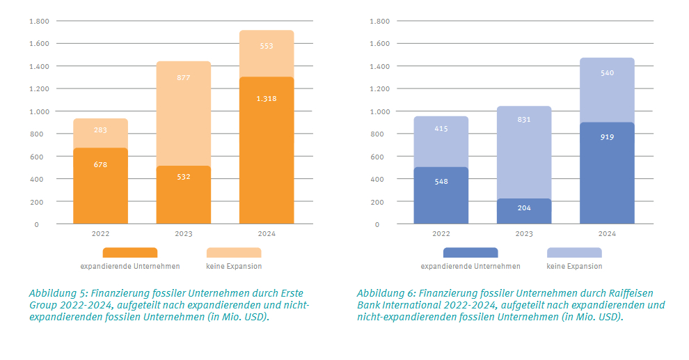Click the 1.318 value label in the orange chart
pyautogui.click(x=266, y=99)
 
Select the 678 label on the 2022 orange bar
pyautogui.click(x=100, y=164)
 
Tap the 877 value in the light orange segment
pyautogui.click(x=183, y=77)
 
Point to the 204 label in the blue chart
pyautogui.click(x=524, y=208)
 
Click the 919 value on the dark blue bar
pyautogui.click(x=607, y=137)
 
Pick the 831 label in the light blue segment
pyautogui.click(x=524, y=119)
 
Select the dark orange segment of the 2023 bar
pyautogui.click(x=183, y=198)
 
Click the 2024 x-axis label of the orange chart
pyautogui.click(x=266, y=234)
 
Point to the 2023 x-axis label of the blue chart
pyautogui.click(x=524, y=234)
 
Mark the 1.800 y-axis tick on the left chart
pyautogui.click(x=39, y=21)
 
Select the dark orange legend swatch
pyautogui.click(x=129, y=252)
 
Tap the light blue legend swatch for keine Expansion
pyautogui.click(x=574, y=252)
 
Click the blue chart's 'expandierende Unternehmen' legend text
pyautogui.click(x=470, y=266)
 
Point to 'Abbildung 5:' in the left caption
pyautogui.click(x=58, y=293)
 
